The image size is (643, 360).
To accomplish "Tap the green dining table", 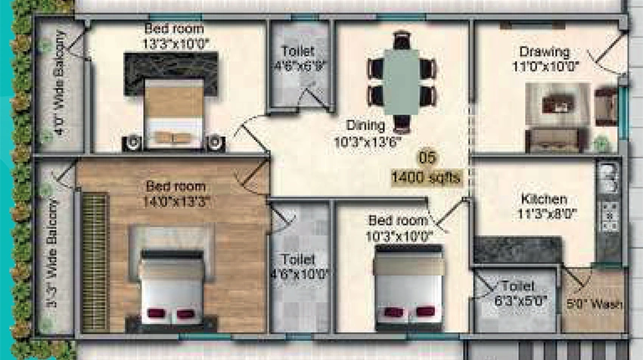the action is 402,82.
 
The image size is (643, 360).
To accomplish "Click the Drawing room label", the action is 545,59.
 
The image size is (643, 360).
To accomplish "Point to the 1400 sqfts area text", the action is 426,178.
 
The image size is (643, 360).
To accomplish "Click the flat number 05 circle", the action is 427,157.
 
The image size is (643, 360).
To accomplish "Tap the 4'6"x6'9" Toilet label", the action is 299,59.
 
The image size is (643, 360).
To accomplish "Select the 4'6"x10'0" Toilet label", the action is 299,266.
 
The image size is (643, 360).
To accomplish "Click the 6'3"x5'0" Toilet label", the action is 520,293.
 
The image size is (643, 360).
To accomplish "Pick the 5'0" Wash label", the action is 595,305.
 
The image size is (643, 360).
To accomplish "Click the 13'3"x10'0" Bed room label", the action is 176,36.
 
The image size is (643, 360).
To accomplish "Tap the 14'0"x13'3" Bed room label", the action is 176,194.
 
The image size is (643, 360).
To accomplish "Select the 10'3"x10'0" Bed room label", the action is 399,228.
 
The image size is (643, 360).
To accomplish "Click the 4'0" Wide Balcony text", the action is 61,82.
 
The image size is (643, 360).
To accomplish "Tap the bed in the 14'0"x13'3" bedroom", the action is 172,288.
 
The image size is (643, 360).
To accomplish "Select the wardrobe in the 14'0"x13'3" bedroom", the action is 95,262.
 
